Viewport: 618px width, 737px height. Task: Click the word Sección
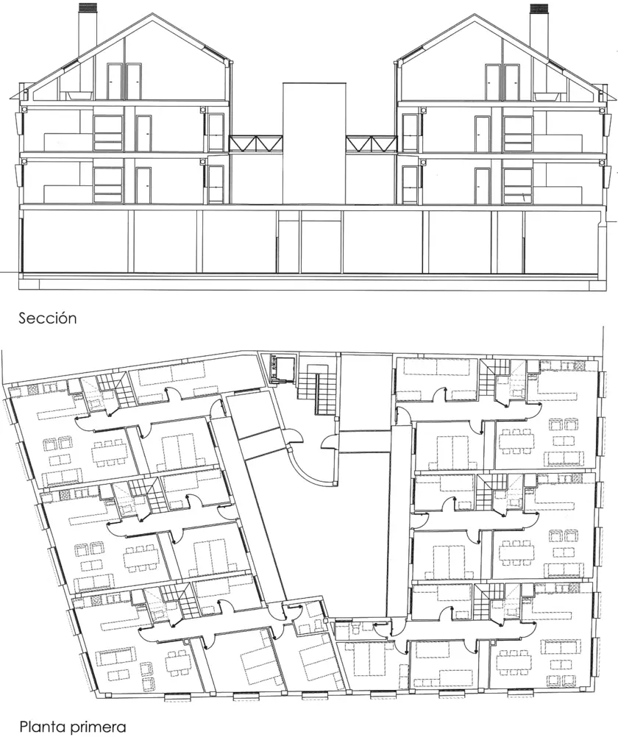[x=48, y=318]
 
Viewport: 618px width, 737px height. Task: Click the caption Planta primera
[x=72, y=727]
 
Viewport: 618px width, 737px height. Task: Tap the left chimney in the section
[x=87, y=27]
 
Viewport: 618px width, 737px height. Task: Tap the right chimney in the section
[x=539, y=27]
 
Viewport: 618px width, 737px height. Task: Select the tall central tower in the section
[x=314, y=143]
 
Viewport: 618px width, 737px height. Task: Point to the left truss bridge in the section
[x=256, y=143]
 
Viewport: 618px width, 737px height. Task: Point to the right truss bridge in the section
[x=372, y=143]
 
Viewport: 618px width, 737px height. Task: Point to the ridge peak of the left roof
[x=152, y=15]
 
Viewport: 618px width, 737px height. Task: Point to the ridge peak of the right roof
[x=475, y=15]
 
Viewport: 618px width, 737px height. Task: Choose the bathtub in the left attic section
[x=79, y=96]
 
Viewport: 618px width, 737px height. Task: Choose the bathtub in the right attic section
[x=546, y=96]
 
